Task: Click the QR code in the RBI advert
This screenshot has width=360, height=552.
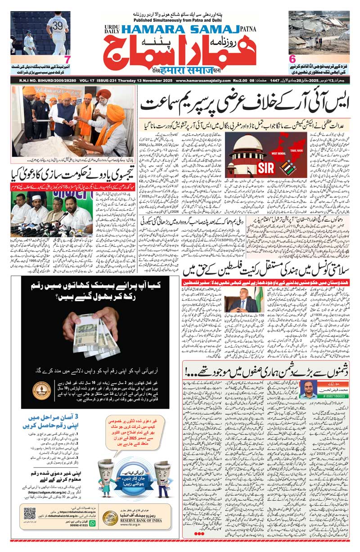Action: click(x=30, y=526)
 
